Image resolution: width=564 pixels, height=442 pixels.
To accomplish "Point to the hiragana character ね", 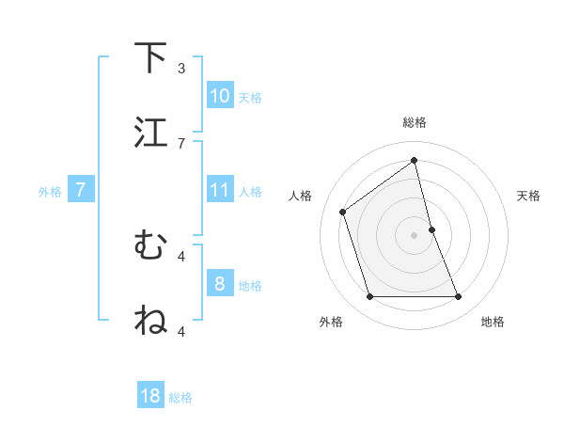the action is click(x=151, y=321).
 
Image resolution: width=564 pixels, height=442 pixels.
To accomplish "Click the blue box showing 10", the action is click(x=219, y=96).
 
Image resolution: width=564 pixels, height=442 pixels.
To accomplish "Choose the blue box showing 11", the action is click(x=219, y=190).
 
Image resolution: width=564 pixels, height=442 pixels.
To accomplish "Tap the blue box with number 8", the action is click(x=219, y=284).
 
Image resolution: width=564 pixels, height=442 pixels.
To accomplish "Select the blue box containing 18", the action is click(x=150, y=396).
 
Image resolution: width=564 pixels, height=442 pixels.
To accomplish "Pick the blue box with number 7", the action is click(x=81, y=190).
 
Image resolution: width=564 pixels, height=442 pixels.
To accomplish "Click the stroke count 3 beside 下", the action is click(x=181, y=68).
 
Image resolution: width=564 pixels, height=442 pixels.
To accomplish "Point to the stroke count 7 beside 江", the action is click(x=181, y=142).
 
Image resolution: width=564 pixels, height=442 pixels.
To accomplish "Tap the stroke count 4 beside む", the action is click(x=181, y=255).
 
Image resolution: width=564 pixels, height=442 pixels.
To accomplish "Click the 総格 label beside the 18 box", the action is click(x=180, y=398).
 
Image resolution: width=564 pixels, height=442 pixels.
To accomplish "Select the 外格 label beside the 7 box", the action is click(x=50, y=191).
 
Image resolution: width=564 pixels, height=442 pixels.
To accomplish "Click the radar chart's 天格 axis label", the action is click(x=528, y=196).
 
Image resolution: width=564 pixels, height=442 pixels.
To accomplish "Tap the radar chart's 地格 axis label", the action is click(x=493, y=322).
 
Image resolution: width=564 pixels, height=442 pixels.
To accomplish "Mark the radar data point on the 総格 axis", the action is click(x=415, y=161).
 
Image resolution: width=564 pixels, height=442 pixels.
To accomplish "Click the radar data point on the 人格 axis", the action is click(x=343, y=212).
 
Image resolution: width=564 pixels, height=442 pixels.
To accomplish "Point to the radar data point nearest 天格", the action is click(x=431, y=229).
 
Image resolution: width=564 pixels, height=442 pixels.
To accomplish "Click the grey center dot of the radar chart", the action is click(x=415, y=234).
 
